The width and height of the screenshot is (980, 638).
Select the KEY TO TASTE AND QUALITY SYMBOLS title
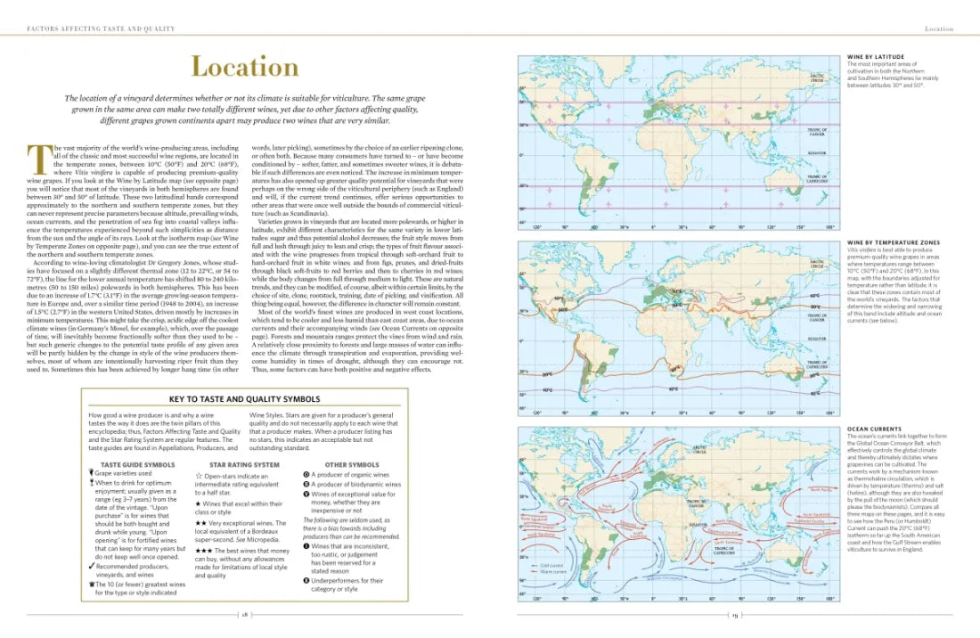[244, 399]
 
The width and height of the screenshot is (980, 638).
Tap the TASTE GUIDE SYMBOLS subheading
[137, 464]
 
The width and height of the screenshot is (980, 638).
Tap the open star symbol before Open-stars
[199, 476]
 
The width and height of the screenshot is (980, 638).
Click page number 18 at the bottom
[244, 615]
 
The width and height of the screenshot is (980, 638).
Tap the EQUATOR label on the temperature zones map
[816, 339]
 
